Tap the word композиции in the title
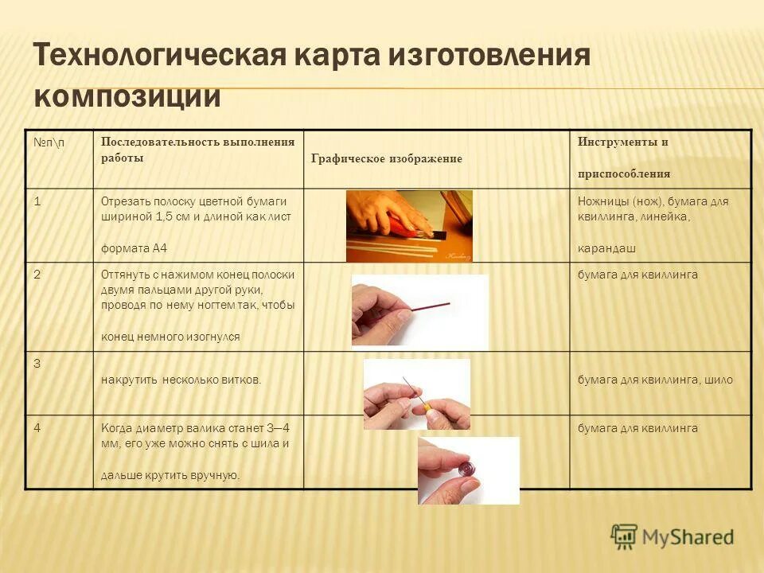127,95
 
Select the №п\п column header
50,142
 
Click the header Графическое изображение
386,159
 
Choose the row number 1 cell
37,201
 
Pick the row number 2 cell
37,275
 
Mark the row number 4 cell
37,427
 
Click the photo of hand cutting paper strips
409,226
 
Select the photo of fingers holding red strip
419,311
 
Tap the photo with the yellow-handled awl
416,394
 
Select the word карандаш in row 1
606,248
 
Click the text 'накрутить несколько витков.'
181,380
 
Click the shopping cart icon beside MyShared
624,536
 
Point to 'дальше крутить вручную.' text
170,475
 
